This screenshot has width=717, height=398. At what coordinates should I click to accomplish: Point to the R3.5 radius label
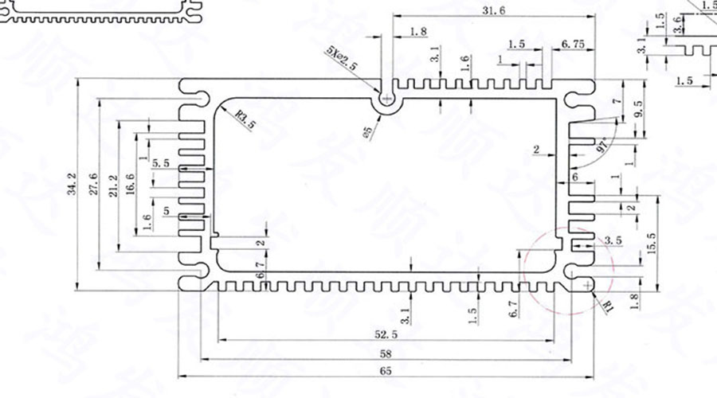(246, 119)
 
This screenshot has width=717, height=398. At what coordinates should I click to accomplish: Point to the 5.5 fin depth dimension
(160, 162)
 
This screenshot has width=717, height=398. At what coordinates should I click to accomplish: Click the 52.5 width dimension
(385, 335)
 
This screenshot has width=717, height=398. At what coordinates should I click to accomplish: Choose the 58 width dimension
(386, 353)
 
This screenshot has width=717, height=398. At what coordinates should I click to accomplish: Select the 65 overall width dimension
(386, 371)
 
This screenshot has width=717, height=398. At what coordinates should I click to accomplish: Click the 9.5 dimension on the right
(639, 110)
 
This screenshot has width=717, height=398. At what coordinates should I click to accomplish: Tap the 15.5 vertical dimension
(651, 244)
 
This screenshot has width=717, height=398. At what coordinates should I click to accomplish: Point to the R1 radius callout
(609, 304)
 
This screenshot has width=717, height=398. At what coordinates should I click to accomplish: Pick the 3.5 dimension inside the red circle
(613, 240)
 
